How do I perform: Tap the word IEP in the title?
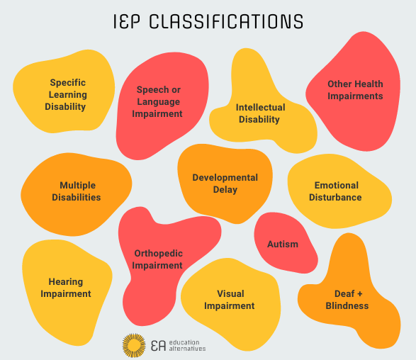tap(132, 21)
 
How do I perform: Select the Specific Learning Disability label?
tap(68, 94)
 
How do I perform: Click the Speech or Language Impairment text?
tap(159, 101)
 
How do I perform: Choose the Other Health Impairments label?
tap(354, 89)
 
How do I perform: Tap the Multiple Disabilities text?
tap(77, 191)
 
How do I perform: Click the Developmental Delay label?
tap(225, 184)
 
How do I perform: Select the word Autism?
tap(282, 244)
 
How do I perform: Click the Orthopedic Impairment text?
tap(158, 259)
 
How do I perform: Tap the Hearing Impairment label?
tap(66, 288)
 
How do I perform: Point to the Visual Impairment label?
tap(229, 300)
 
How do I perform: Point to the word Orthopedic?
tap(158, 253)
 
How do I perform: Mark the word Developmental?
tap(225, 177)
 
